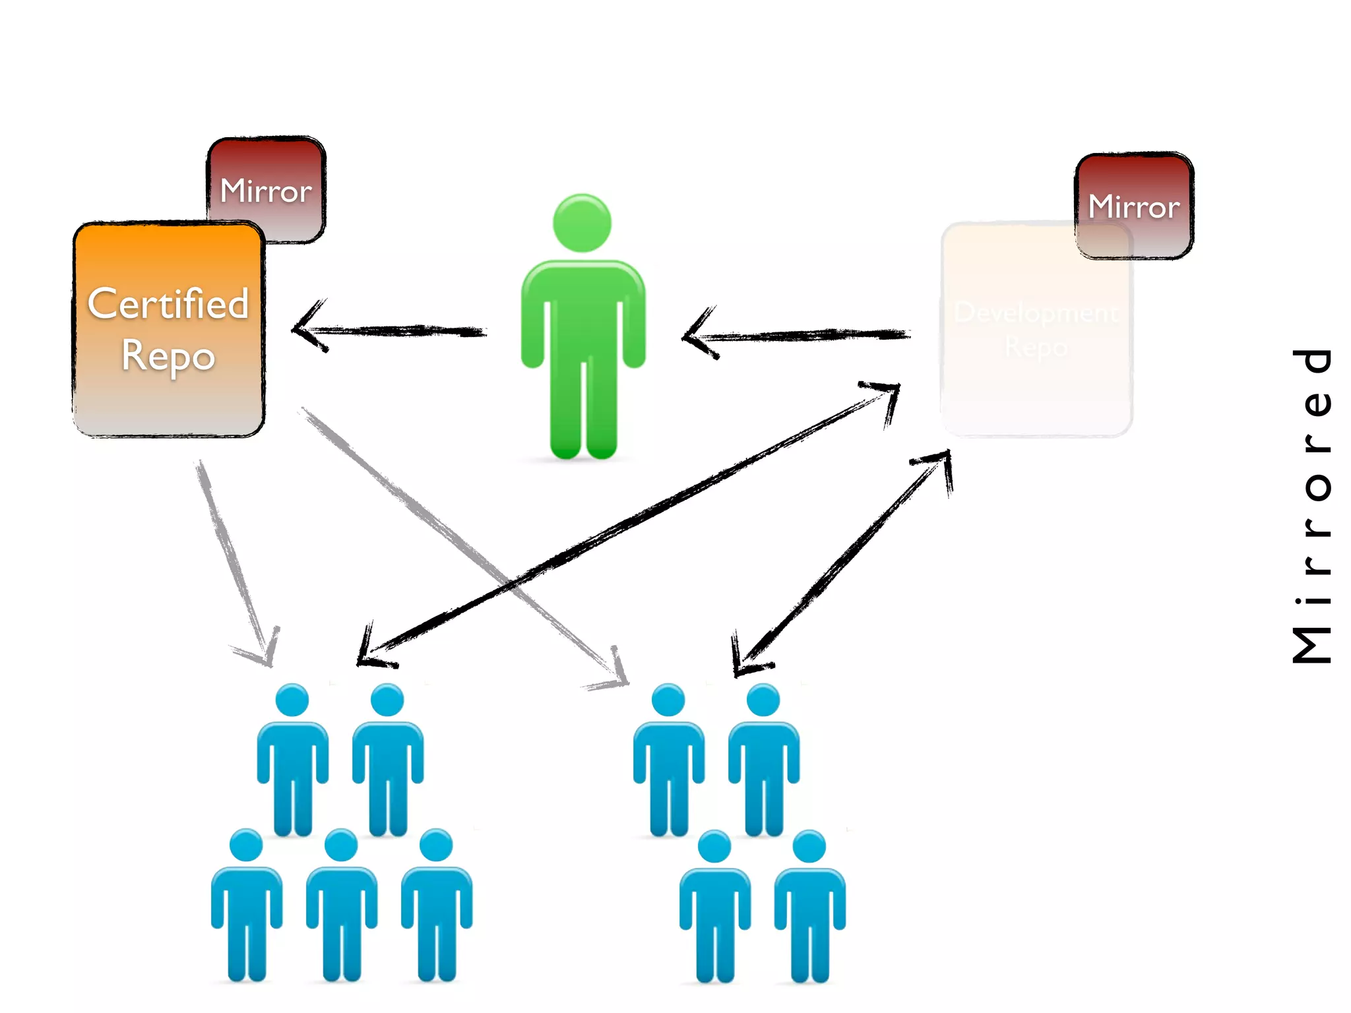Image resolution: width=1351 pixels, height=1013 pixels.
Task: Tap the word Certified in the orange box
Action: point(168,304)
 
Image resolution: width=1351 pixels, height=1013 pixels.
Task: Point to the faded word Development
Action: point(1036,313)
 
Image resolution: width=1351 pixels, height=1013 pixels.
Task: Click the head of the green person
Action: point(582,223)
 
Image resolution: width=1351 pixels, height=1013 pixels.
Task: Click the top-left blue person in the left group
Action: point(292,758)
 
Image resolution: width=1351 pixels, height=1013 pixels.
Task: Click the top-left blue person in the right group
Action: point(668,758)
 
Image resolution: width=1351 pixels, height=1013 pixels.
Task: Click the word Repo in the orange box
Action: point(168,356)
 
